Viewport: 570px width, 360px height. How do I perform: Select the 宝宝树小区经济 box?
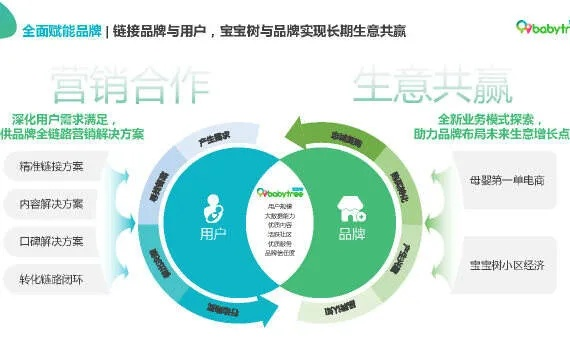tap(508, 265)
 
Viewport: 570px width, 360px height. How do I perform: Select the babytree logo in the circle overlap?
tap(281, 191)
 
